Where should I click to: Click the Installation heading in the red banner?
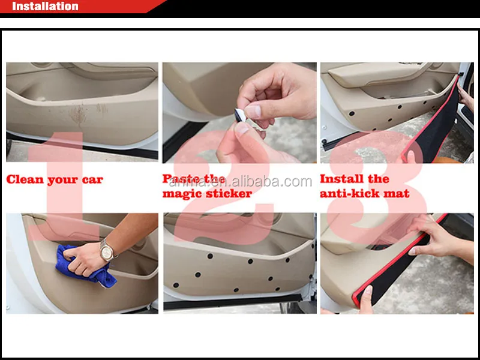click(x=45, y=6)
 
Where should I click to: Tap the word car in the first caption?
click(x=92, y=180)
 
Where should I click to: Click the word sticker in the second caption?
click(x=223, y=193)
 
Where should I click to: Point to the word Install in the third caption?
click(x=341, y=178)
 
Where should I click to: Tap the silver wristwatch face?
click(x=107, y=253)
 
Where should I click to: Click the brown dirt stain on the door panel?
click(x=79, y=115)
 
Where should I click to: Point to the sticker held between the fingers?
click(x=241, y=117)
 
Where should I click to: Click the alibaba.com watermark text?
click(x=241, y=182)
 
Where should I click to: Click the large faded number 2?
click(x=223, y=187)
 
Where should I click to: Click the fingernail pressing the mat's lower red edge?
click(x=368, y=290)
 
